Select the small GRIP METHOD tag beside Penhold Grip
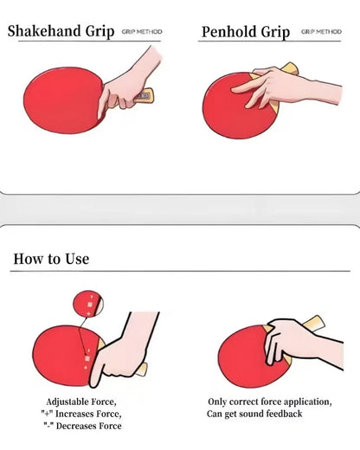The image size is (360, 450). coord(321,32)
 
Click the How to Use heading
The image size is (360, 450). coord(50,258)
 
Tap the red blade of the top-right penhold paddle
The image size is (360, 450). coord(221,112)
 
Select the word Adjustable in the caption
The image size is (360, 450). coord(67,402)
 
